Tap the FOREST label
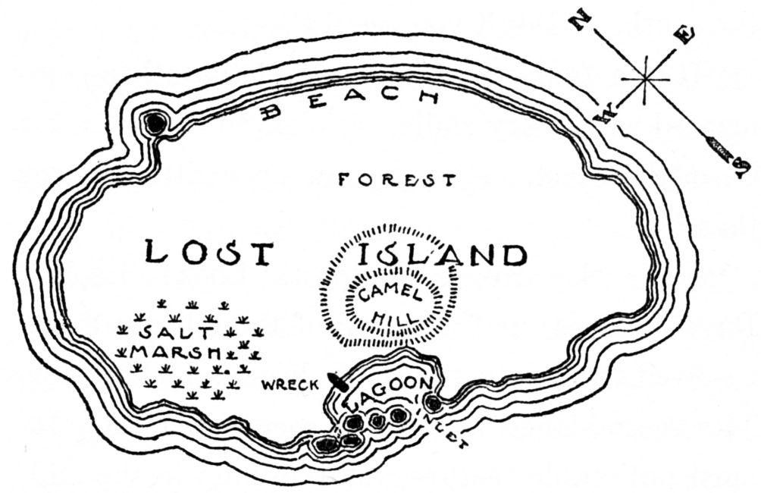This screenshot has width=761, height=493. [x=396, y=181]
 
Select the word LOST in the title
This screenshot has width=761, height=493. [x=208, y=252]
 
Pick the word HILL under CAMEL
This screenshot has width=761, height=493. [x=393, y=316]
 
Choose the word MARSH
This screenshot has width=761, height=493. [x=177, y=353]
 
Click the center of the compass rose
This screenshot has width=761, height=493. [x=644, y=79]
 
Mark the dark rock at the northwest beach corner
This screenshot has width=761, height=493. [x=156, y=123]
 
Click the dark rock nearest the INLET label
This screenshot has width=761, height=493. [x=433, y=404]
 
